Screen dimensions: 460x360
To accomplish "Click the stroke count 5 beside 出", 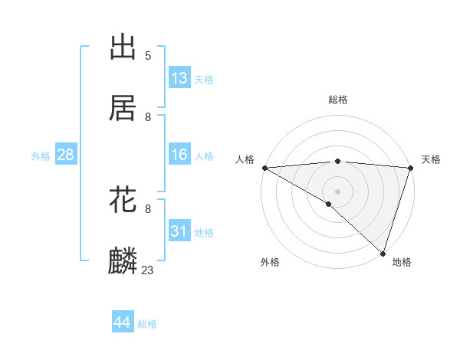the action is tap(148, 56).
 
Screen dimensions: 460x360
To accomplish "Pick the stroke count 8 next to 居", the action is tap(148, 117).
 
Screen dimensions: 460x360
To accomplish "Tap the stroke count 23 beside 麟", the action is tap(148, 270).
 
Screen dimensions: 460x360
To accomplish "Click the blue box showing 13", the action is tap(179, 78).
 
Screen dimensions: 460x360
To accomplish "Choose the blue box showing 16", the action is tap(179, 155).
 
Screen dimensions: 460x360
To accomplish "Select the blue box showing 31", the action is tap(179, 231).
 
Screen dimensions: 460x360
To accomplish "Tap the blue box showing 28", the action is tap(66, 155).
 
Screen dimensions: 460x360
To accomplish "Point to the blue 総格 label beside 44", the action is tap(148, 324).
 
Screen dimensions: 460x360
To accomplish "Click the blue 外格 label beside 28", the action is tap(41, 156).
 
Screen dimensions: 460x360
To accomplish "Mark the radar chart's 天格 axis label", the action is tap(432, 159).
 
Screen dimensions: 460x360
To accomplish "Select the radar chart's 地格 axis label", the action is tap(402, 262).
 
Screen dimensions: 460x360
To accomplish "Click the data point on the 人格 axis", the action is tap(264, 168).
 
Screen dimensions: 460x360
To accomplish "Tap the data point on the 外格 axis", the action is tap(328, 204).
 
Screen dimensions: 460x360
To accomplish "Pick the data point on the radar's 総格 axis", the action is tap(337, 161).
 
